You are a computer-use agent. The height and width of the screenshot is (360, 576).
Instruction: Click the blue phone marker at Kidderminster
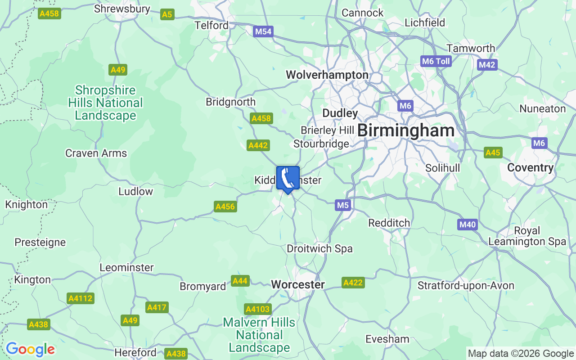click(x=288, y=179)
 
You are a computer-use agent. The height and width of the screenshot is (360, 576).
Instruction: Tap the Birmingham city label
click(x=406, y=131)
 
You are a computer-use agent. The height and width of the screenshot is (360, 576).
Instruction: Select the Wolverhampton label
click(x=327, y=75)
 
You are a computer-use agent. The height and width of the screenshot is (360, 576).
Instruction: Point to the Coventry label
click(x=530, y=167)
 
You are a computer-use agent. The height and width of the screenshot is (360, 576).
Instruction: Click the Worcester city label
click(x=298, y=284)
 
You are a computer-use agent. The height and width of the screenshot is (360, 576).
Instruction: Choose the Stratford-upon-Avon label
click(x=466, y=285)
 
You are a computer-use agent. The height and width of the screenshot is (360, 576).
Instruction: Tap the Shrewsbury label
click(x=122, y=9)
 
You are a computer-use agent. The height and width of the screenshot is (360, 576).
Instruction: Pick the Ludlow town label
click(x=135, y=191)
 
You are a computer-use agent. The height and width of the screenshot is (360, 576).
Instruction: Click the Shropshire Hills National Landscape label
click(x=105, y=103)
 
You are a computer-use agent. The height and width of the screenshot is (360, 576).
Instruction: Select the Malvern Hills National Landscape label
click(x=259, y=335)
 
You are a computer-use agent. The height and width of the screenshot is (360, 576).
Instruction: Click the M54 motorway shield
click(x=263, y=31)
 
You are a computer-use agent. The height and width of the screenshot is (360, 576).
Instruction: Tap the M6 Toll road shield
click(x=436, y=61)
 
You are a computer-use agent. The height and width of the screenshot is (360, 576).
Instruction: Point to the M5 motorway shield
click(x=343, y=205)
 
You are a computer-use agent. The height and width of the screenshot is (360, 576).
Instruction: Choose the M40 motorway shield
click(x=468, y=225)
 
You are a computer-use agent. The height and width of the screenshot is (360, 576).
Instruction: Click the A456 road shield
click(x=225, y=207)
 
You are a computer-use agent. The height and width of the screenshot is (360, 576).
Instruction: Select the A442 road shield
click(x=258, y=145)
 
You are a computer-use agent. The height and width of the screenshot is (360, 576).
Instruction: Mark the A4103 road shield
click(x=258, y=309)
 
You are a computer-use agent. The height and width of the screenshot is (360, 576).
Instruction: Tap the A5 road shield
click(x=167, y=14)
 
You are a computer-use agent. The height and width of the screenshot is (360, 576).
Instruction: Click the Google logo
click(x=30, y=349)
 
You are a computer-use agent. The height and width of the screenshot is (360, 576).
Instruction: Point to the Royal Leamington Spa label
click(x=527, y=236)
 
